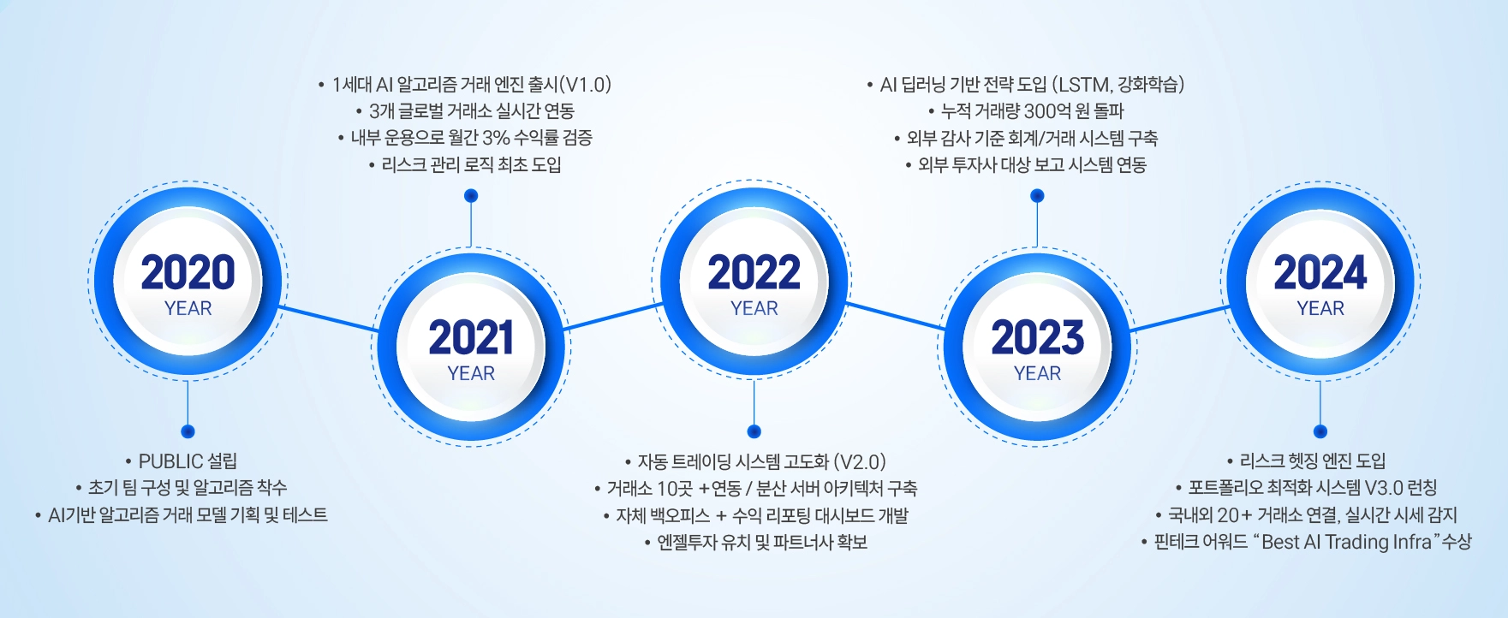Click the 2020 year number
point(188,272)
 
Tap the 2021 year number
point(471,337)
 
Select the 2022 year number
point(754,272)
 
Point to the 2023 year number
point(1038,337)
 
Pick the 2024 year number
point(1320,272)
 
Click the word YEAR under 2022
point(754,308)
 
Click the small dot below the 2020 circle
point(188,431)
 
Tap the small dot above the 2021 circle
point(471,196)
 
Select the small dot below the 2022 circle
point(754,431)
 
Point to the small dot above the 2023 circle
point(1038,196)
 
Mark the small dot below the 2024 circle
point(1320,431)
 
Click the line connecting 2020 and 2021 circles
point(329,318)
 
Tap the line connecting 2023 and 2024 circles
point(1179,318)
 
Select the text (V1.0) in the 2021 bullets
point(585,85)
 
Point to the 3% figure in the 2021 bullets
point(496,138)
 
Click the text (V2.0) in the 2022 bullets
point(859,462)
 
